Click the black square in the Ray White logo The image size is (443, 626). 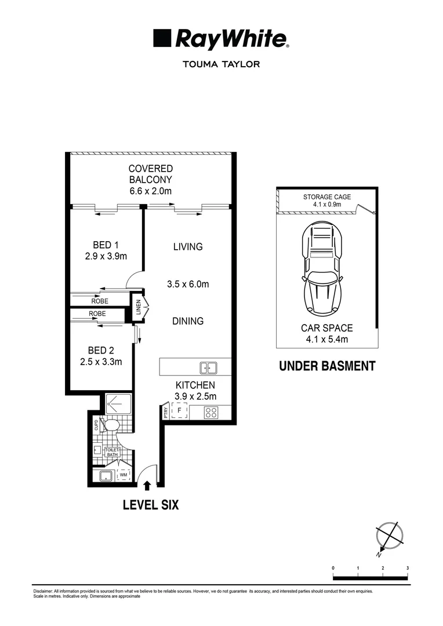point(162,39)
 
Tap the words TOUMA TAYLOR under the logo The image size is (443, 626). point(221,64)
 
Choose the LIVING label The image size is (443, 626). point(188,247)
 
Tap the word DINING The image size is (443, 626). point(188,321)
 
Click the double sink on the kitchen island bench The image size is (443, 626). point(208,367)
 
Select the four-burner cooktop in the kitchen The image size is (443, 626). point(211,413)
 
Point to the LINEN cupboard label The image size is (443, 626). point(138,308)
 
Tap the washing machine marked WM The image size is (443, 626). point(123,475)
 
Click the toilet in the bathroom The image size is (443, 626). point(111,426)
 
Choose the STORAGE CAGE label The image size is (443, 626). point(327,197)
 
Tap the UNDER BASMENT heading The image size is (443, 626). point(327,366)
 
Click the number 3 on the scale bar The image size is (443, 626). point(408,567)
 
